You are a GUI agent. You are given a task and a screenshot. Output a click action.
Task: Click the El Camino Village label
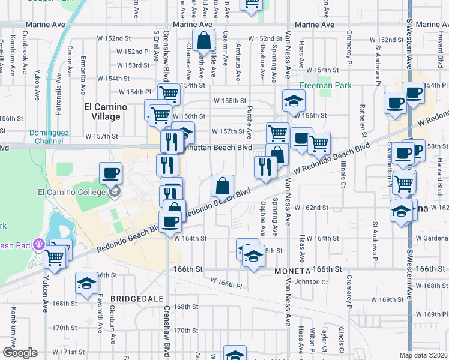104,112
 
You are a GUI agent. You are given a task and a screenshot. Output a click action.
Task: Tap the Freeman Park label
334,86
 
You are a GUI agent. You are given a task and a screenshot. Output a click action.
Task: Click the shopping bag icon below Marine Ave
204,41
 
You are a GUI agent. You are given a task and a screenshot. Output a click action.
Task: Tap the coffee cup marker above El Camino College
110,173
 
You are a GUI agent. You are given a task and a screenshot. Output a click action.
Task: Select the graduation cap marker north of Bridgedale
86,283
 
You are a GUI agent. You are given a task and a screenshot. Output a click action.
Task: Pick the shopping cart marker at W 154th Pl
169,94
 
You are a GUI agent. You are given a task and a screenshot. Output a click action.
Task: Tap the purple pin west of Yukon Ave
40,244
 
